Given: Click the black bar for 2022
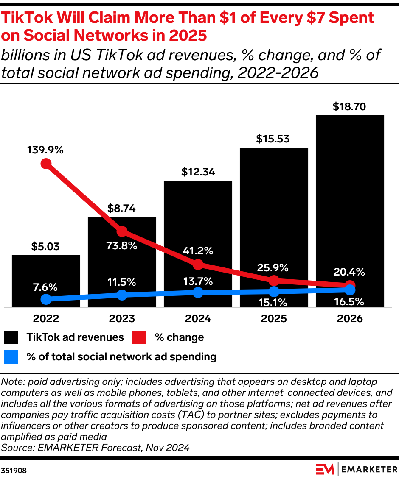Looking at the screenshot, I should pyautogui.click(x=46, y=271).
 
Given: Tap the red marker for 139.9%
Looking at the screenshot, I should pyautogui.click(x=46, y=164).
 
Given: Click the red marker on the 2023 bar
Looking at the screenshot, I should pyautogui.click(x=122, y=231).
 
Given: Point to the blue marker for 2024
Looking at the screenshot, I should pyautogui.click(x=198, y=292).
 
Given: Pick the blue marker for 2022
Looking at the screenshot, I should pyautogui.click(x=46, y=299).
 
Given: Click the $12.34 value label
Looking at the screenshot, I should pyautogui.click(x=198, y=172).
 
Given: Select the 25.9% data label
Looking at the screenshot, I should pyautogui.click(x=274, y=267).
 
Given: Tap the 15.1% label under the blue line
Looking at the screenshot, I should pyautogui.click(x=274, y=302).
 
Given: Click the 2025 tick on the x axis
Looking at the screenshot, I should pyautogui.click(x=274, y=318).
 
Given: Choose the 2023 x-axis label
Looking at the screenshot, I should pyautogui.click(x=122, y=318).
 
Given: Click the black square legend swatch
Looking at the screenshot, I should pyautogui.click(x=11, y=337).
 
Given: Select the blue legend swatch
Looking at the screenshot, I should pyautogui.click(x=11, y=357).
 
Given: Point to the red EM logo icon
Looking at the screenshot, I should pyautogui.click(x=325, y=469).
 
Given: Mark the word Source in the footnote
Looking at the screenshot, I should pyautogui.click(x=16, y=447).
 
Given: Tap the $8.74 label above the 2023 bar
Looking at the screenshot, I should pyautogui.click(x=122, y=209).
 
